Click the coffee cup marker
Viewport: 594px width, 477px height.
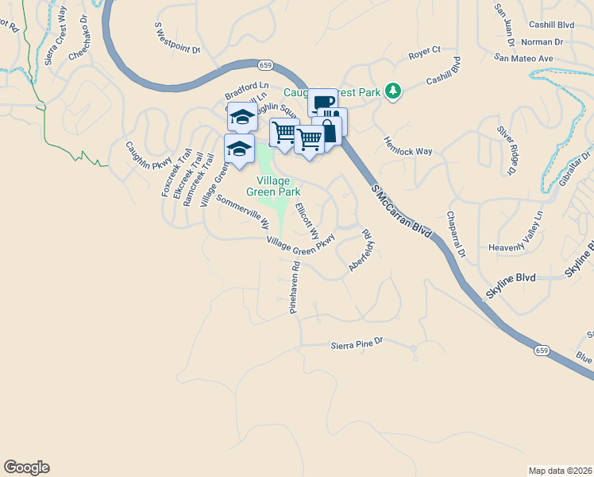click(x=322, y=102)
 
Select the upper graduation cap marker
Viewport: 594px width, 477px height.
click(x=241, y=116)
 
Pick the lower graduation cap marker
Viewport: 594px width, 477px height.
click(x=239, y=147)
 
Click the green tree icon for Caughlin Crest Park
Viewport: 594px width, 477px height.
click(x=392, y=91)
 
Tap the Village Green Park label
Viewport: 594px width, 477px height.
click(x=273, y=186)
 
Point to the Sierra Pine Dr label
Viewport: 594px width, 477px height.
click(x=357, y=343)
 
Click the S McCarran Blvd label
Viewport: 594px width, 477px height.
click(x=400, y=210)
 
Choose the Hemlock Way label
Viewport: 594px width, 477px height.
click(x=408, y=145)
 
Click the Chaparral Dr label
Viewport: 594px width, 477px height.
click(x=454, y=235)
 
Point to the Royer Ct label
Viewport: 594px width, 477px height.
click(x=424, y=53)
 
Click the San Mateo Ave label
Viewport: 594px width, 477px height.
click(x=523, y=58)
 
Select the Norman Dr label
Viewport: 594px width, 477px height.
click(x=543, y=41)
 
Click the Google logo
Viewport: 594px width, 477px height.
click(x=26, y=467)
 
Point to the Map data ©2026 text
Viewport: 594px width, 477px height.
click(x=560, y=470)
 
